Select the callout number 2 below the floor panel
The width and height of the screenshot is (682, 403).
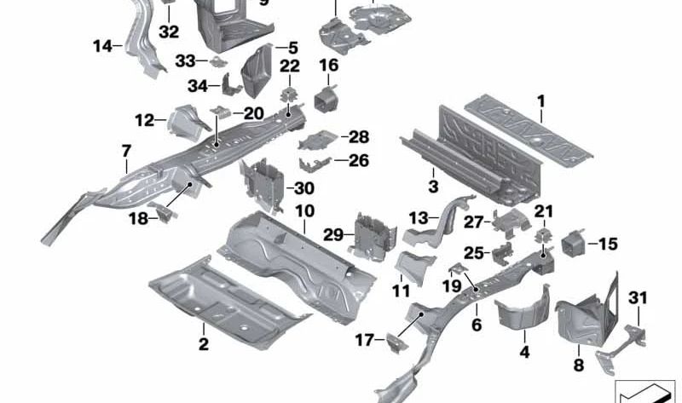tap(204, 343)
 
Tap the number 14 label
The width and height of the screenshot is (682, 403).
tap(102, 46)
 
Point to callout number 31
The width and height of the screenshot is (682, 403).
tap(638, 297)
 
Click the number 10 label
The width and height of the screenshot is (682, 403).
tap(304, 210)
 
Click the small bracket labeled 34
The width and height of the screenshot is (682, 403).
tap(229, 85)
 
